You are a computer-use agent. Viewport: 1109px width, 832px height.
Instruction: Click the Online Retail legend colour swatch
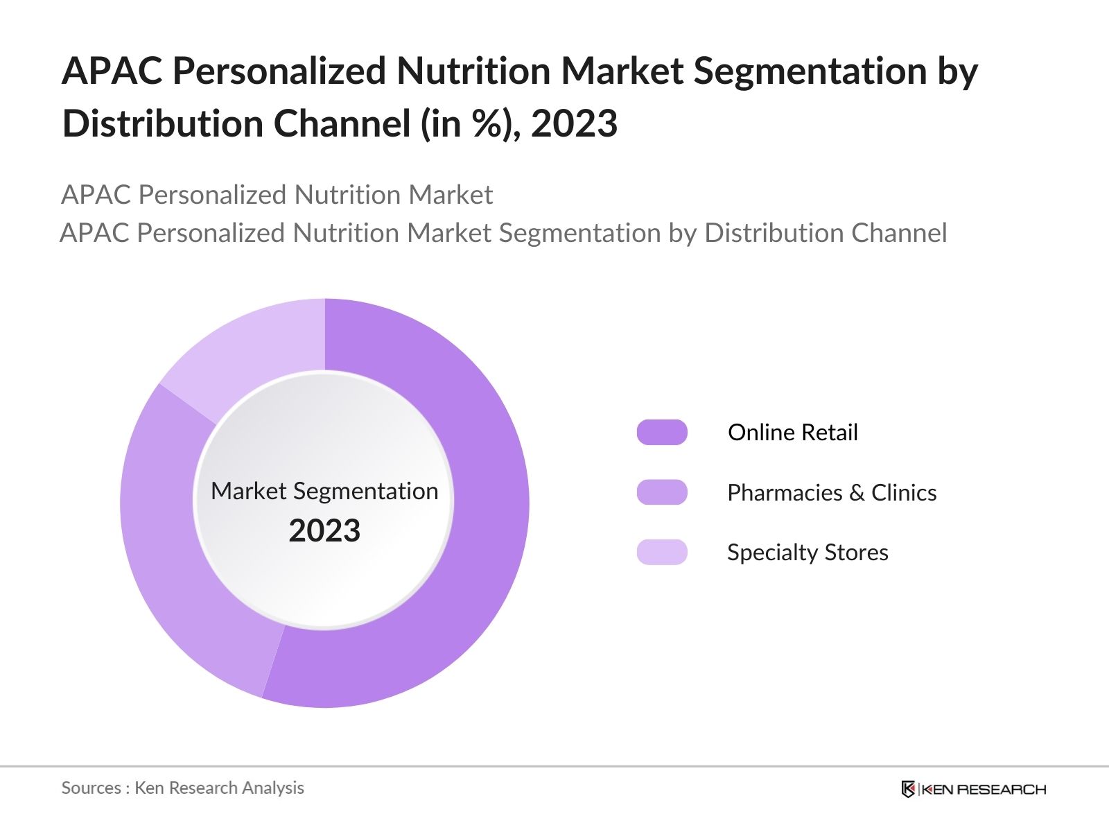point(662,432)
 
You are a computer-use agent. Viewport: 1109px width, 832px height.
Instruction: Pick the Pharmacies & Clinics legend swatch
point(662,492)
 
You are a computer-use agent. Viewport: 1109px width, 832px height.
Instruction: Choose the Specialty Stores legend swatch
point(662,552)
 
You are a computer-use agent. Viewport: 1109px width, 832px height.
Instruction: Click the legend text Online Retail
point(792,432)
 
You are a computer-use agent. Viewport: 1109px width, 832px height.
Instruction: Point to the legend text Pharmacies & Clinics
point(832,492)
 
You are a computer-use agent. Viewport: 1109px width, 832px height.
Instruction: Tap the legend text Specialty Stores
point(807,552)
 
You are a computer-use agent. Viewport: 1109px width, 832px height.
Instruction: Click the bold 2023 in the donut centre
point(324,530)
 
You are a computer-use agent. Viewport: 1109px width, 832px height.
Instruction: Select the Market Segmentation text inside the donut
point(324,491)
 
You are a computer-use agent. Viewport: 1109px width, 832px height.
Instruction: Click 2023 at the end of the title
point(574,123)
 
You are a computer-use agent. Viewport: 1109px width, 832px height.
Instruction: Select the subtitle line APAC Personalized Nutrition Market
point(277,195)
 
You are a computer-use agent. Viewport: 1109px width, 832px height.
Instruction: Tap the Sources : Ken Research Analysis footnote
point(182,788)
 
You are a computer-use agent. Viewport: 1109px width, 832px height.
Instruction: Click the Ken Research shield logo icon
point(908,789)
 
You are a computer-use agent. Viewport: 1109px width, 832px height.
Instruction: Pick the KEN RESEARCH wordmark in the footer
point(983,789)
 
